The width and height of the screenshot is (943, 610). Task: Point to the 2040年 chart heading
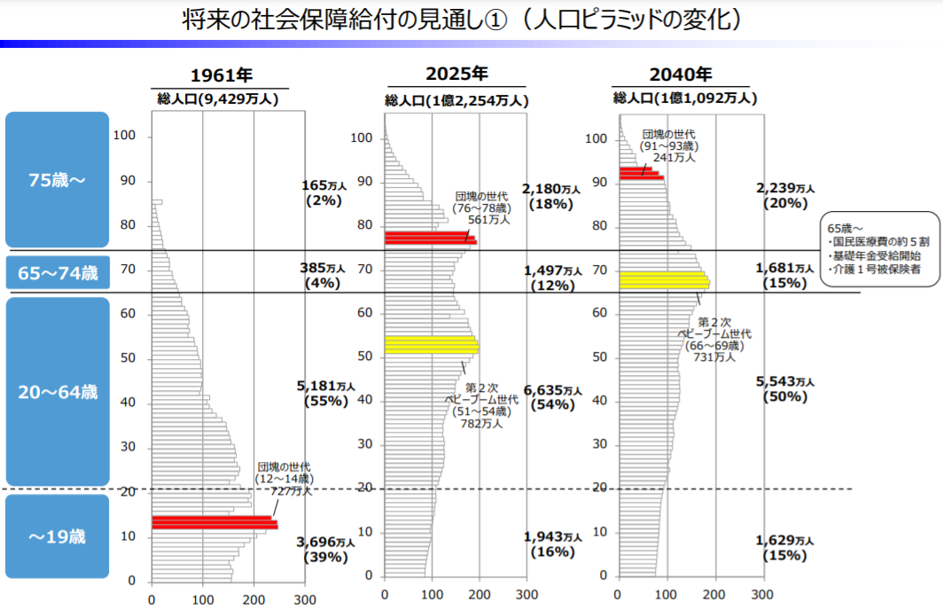(680, 74)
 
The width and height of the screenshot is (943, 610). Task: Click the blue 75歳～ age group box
(57, 180)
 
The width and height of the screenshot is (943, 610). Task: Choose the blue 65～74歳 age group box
(57, 273)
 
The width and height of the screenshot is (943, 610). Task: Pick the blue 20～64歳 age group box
(57, 391)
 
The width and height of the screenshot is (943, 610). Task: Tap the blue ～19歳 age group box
(57, 536)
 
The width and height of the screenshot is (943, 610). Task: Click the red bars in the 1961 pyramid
(214, 523)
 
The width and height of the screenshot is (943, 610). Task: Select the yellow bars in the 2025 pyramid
(431, 345)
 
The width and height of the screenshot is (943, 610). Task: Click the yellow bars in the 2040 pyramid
(664, 280)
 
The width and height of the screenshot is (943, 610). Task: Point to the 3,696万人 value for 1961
(325, 542)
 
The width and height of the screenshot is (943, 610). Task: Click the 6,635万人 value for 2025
(552, 390)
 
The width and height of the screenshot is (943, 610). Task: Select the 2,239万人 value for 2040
(784, 188)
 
